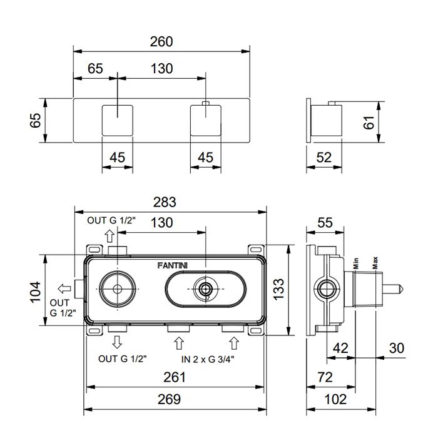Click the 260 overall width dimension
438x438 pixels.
pos(161,42)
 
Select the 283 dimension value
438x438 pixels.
pos(165,202)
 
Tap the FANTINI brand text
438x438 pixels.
pos(172,266)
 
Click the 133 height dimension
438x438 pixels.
pos(278,289)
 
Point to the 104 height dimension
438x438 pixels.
pos(36,292)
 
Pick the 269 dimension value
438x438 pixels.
pos(169,399)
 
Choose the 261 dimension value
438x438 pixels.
pos(175,377)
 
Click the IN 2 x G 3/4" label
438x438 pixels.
pos(208,359)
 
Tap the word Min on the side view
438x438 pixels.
pos(356,263)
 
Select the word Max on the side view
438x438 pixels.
pos(375,263)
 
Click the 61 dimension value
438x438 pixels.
pos(369,123)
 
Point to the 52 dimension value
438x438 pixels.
pos(324,158)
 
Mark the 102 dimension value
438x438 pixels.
pos(335,399)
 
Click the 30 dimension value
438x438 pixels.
pos(397,349)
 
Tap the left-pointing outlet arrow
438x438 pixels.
pos(64,288)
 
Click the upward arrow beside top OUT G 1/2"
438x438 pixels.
pos(109,236)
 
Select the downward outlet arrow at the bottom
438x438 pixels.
pos(117,342)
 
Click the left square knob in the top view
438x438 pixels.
pos(118,120)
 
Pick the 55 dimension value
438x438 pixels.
pos(325,223)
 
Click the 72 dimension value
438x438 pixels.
pos(325,377)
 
